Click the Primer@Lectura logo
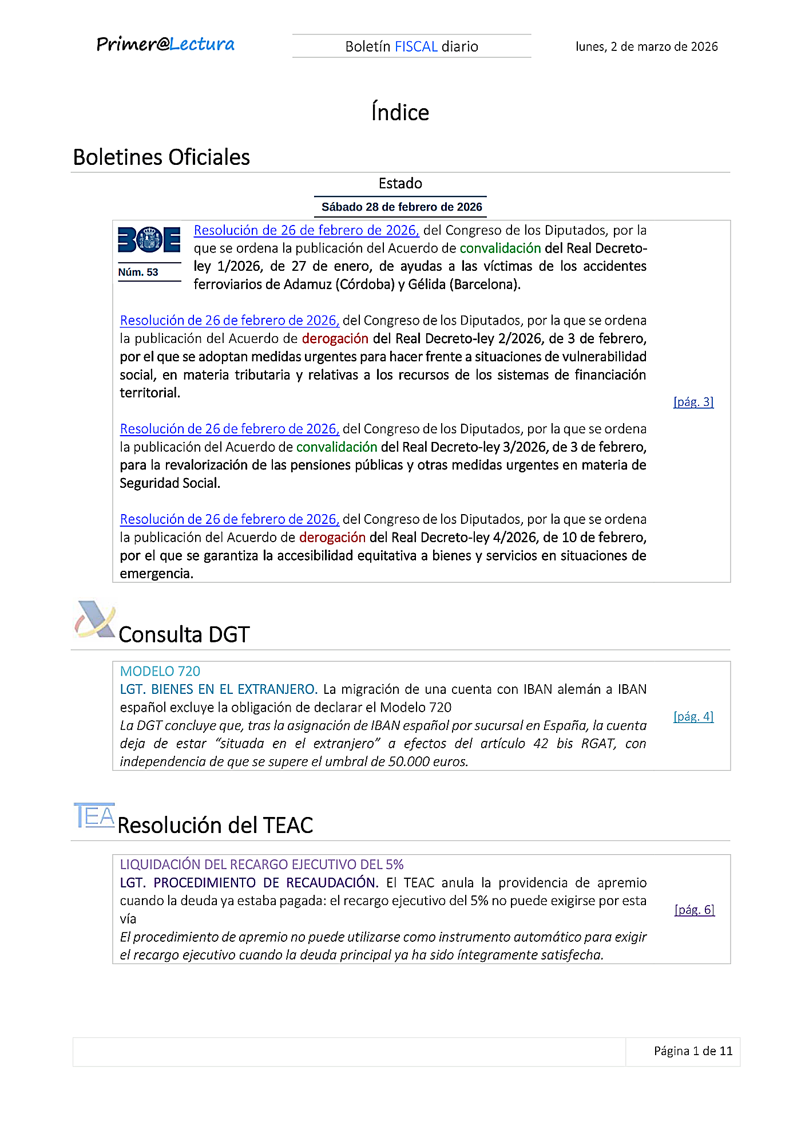coord(165,45)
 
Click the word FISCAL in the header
coord(416,46)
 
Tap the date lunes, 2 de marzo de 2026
coord(647,46)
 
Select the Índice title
coord(400,112)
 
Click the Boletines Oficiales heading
coord(161,157)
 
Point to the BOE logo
coord(149,239)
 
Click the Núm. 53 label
coord(138,272)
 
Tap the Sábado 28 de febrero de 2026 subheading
coord(402,207)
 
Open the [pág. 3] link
coord(693,402)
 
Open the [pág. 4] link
coord(693,716)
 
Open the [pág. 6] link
coord(695,910)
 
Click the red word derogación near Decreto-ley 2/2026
coord(335,338)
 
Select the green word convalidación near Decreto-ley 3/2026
coord(336,447)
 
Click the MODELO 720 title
coord(160,671)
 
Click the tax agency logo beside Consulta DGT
coord(95,619)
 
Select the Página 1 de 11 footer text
coord(693,1051)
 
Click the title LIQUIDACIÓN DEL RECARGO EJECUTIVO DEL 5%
coord(261,864)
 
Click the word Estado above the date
coord(400,183)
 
